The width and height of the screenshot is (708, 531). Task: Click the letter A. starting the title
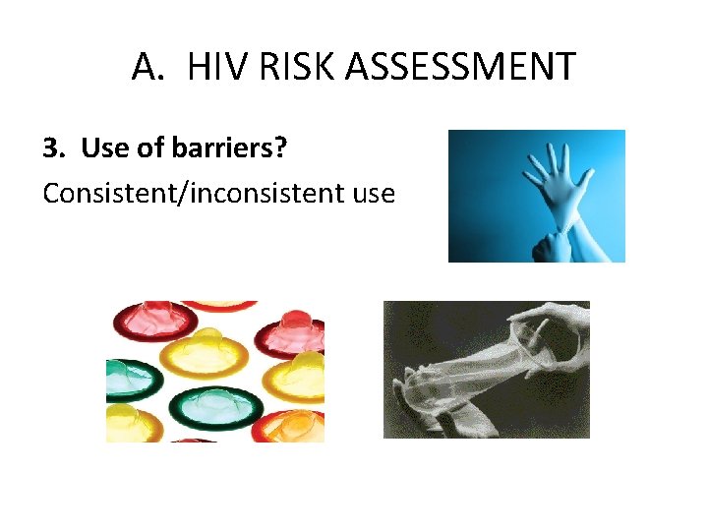(147, 67)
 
